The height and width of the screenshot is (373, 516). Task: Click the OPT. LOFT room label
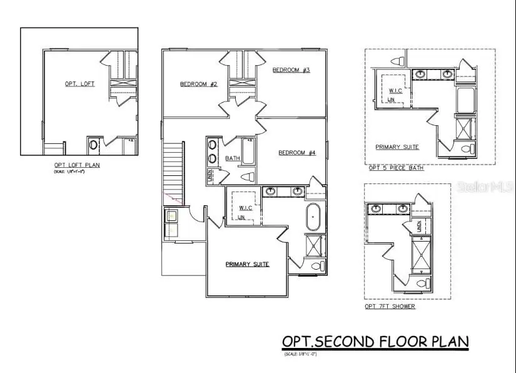[80, 84]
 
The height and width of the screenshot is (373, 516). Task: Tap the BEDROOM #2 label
[199, 84]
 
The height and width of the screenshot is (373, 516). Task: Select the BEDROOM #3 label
[291, 70]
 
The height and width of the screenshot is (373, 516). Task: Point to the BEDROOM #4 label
[297, 153]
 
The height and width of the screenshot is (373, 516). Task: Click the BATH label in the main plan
[233, 158]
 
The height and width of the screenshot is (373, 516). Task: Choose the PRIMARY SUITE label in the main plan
[247, 264]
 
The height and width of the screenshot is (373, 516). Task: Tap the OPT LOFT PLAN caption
[77, 165]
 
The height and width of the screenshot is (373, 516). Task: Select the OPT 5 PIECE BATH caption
[396, 168]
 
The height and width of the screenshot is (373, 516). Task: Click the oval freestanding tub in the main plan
[312, 219]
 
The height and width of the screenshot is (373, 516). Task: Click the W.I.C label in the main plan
[243, 207]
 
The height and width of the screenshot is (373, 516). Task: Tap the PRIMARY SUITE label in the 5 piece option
[397, 147]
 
